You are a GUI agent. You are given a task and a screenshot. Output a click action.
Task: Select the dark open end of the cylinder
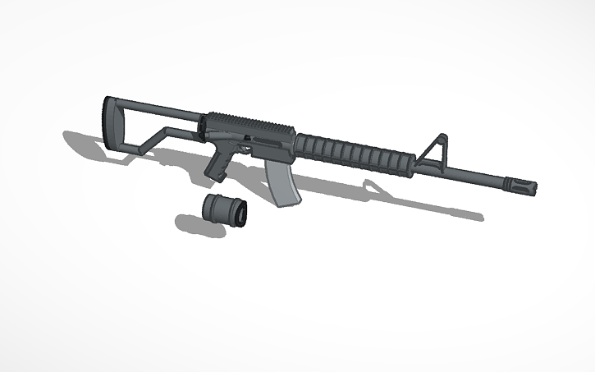242,214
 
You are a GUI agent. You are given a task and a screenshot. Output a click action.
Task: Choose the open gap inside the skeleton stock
152,124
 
